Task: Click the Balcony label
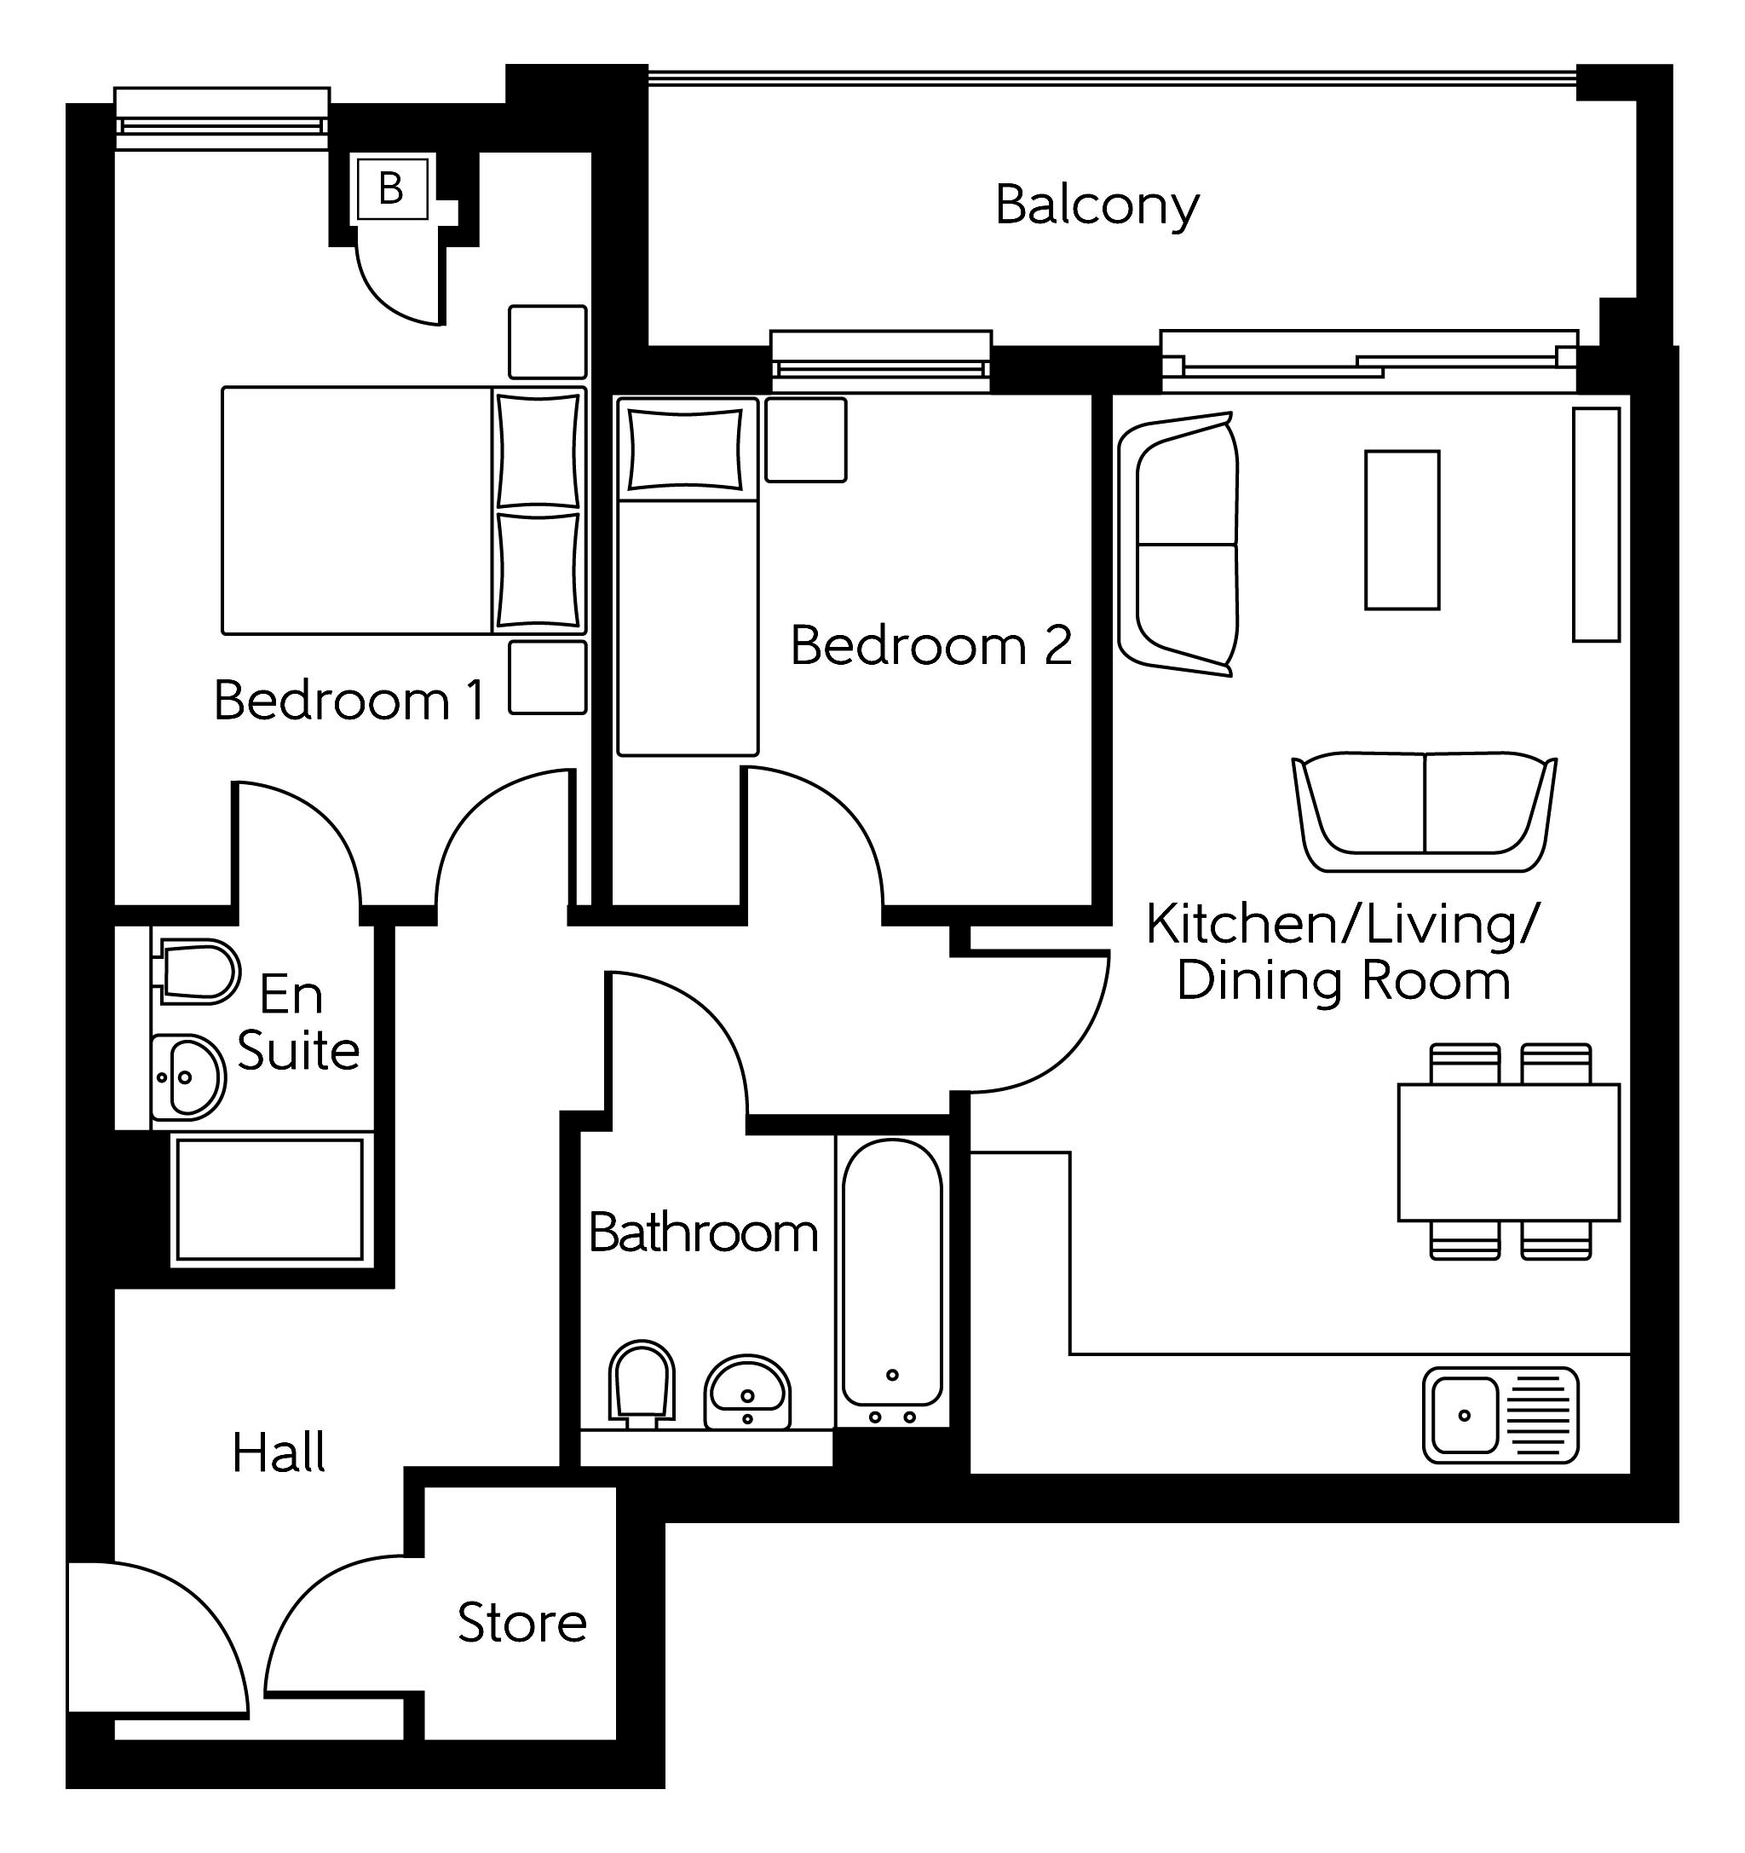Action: pyautogui.click(x=1097, y=206)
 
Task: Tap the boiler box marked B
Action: pyautogui.click(x=391, y=189)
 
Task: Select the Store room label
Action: pyautogui.click(x=521, y=1623)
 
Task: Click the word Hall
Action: pyautogui.click(x=279, y=1453)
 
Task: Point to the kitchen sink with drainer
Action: pyautogui.click(x=1500, y=1415)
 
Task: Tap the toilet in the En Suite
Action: pyautogui.click(x=198, y=971)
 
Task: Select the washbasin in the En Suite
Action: pyautogui.click(x=189, y=1077)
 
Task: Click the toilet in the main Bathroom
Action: pyautogui.click(x=641, y=1383)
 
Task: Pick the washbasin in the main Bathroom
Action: pyautogui.click(x=746, y=1391)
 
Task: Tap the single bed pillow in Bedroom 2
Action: pyautogui.click(x=686, y=449)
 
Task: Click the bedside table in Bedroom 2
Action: pyautogui.click(x=806, y=440)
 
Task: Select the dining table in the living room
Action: pyautogui.click(x=1508, y=1152)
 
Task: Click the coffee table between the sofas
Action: pyautogui.click(x=1402, y=530)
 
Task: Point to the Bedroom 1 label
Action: pyautogui.click(x=349, y=700)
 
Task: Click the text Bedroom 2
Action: pyautogui.click(x=930, y=645)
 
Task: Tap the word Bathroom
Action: pyautogui.click(x=704, y=1233)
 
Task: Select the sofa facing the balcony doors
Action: pyautogui.click(x=1424, y=811)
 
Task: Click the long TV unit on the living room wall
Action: pyautogui.click(x=1596, y=524)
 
